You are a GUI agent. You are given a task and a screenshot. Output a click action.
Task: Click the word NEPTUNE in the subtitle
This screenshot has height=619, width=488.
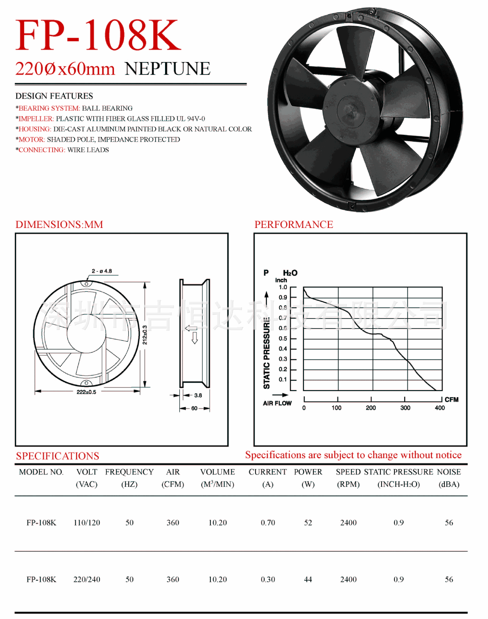point(167,69)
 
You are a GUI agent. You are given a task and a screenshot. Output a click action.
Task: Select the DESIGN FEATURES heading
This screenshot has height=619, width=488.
point(54,96)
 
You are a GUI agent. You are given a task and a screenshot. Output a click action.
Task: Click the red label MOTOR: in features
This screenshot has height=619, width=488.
point(32,140)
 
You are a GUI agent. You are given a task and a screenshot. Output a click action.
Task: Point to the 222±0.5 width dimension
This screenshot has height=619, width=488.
point(86,392)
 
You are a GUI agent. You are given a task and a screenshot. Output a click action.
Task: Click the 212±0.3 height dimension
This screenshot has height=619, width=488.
point(145,335)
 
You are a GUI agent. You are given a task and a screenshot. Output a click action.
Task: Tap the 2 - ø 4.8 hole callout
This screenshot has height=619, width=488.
point(102,271)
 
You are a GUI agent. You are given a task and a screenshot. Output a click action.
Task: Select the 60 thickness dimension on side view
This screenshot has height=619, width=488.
point(194,408)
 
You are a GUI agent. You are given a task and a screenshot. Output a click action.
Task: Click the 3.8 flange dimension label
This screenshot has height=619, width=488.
point(198,395)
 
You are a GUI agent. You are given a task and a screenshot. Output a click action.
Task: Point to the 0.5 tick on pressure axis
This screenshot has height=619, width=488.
point(283,339)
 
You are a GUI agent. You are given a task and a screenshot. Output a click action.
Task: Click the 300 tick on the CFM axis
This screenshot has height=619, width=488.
point(405,408)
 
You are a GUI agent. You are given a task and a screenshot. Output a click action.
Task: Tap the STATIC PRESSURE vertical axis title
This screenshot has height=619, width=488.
point(267,353)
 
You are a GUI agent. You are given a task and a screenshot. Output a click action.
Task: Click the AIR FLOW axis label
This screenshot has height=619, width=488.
point(277,403)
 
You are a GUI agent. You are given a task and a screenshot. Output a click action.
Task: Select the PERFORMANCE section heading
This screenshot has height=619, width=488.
point(294,224)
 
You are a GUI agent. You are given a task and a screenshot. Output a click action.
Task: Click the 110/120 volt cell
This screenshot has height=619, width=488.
point(87,523)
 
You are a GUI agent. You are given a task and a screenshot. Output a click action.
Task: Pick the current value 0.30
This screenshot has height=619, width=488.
point(268,579)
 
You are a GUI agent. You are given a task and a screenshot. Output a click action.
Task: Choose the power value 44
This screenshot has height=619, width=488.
point(308,579)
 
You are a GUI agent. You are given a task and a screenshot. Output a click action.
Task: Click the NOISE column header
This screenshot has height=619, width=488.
point(449,472)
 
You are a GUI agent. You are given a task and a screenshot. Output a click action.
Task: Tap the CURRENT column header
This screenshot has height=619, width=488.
point(268,472)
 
